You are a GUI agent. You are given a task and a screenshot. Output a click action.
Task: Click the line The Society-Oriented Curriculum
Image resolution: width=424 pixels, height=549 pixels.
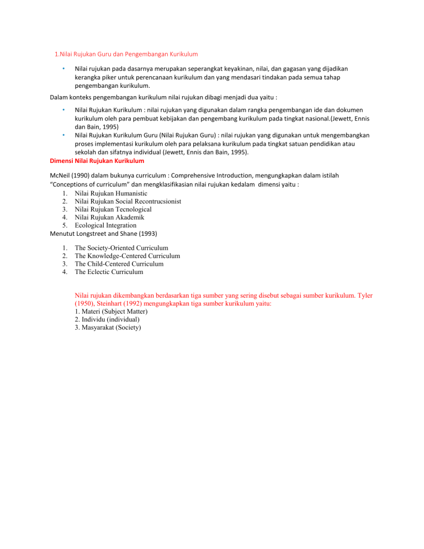click(121, 249)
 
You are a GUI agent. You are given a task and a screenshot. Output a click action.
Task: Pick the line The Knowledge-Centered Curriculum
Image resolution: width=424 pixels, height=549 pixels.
click(127, 256)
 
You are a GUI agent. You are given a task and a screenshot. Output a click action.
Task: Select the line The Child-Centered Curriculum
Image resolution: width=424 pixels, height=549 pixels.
click(119, 264)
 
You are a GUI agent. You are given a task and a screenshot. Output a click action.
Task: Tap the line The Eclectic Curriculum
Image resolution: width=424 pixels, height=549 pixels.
click(109, 272)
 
